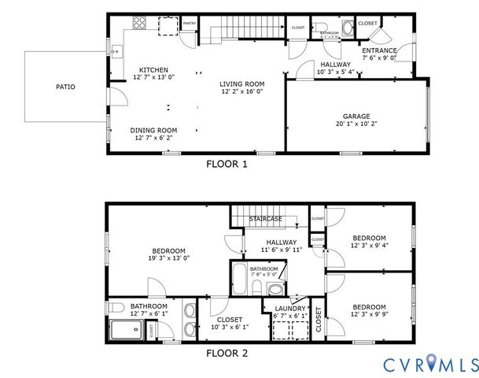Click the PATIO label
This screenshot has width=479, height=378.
pos(65,87)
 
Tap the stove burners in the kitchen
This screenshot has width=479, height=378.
pos(139,23)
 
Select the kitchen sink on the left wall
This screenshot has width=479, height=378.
pos(115,53)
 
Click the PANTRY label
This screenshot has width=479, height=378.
pos(190,24)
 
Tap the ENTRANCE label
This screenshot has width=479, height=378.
pos(379,50)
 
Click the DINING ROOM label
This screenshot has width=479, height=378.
pos(153,131)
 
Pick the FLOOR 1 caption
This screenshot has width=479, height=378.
pos(227,165)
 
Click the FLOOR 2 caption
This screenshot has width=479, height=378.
pos(227,354)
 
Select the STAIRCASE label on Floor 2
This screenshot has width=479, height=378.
pos(265,218)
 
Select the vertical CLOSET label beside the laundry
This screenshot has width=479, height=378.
pos(319,321)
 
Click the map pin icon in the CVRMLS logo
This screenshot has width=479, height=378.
pos(429,364)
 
